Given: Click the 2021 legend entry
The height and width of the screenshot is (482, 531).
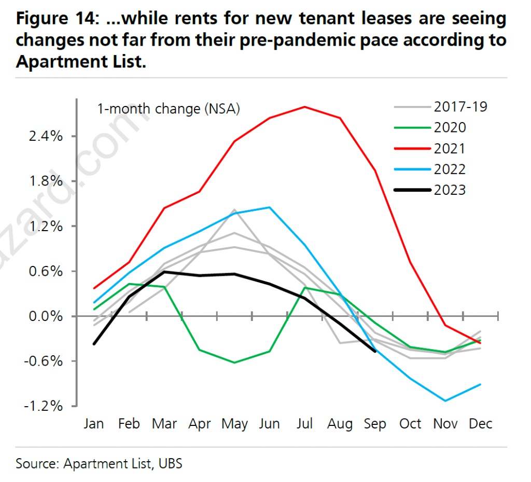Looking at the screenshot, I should (x=449, y=149).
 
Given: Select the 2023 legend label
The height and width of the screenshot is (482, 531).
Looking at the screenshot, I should (x=449, y=190).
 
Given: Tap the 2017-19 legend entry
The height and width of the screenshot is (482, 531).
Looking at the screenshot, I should (x=460, y=107).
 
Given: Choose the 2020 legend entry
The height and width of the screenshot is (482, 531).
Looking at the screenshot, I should (x=449, y=128).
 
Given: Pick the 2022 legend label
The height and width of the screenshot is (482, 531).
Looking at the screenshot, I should (x=449, y=169).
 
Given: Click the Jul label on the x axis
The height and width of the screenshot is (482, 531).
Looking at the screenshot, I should (x=304, y=424).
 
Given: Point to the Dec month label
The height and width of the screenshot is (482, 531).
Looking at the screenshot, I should (x=480, y=424).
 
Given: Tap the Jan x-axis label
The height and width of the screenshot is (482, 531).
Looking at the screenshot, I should (x=94, y=424).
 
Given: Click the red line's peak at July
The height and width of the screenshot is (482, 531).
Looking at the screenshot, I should (x=304, y=107).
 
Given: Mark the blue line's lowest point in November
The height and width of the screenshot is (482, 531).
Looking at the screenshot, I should (x=445, y=401).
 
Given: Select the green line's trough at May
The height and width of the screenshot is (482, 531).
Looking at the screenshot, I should (x=234, y=363).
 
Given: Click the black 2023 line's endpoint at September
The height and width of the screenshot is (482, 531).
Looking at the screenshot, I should (x=375, y=351).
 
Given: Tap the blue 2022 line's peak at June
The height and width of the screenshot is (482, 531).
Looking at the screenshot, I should (x=269, y=207).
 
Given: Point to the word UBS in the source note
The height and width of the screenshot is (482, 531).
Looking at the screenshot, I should (x=170, y=463).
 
